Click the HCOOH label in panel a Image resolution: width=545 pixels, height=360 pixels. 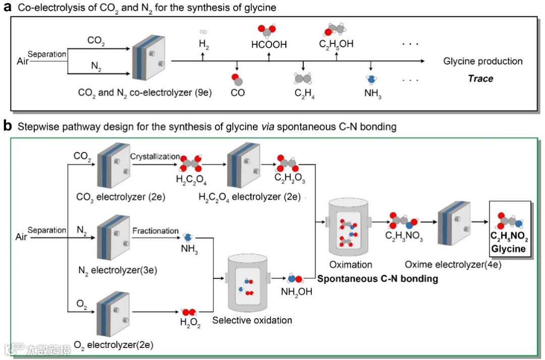pyautogui.click(x=269, y=45)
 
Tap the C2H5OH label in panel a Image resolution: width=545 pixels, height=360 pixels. pyautogui.click(x=336, y=44)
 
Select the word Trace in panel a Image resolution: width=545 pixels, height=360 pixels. pyautogui.click(x=480, y=78)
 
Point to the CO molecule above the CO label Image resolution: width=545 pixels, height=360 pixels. pyautogui.click(x=237, y=79)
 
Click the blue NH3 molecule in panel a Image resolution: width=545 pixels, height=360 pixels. pyautogui.click(x=371, y=79)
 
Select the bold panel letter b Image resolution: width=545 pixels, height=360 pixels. pyautogui.click(x=7, y=126)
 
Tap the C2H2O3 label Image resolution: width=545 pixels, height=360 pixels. pyautogui.click(x=286, y=177)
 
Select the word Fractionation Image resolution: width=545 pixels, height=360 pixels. pyautogui.click(x=155, y=230)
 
